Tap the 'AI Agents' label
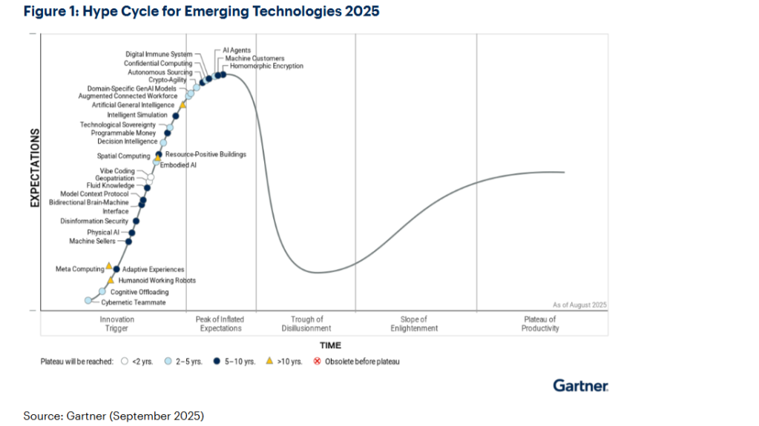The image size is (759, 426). pyautogui.click(x=236, y=50)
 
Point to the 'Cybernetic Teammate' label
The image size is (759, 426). pyautogui.click(x=133, y=302)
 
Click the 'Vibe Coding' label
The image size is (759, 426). pyautogui.click(x=117, y=170)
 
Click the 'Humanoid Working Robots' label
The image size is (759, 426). pyautogui.click(x=157, y=281)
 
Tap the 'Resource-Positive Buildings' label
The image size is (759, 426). pyautogui.click(x=206, y=154)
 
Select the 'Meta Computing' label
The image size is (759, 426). pyautogui.click(x=79, y=269)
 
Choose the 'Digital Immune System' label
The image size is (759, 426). pyautogui.click(x=159, y=54)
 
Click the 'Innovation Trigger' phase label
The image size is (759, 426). pyautogui.click(x=116, y=324)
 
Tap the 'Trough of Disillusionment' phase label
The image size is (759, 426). pyautogui.click(x=306, y=324)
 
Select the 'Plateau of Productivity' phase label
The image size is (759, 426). pyautogui.click(x=539, y=324)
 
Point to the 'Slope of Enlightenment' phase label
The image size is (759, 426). pyautogui.click(x=413, y=324)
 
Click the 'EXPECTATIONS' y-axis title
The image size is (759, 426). pyautogui.click(x=34, y=167)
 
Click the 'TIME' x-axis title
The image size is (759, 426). pyautogui.click(x=330, y=345)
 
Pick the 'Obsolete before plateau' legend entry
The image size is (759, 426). pyautogui.click(x=362, y=362)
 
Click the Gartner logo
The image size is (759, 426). pyautogui.click(x=580, y=385)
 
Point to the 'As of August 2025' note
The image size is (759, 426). pyautogui.click(x=579, y=304)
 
